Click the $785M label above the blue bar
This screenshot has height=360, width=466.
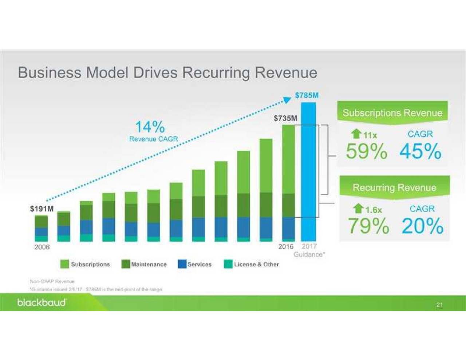(x=307, y=95)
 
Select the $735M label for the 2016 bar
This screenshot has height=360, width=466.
(x=285, y=118)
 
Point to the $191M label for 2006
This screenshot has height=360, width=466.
(x=42, y=209)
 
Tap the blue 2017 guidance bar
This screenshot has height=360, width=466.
(x=308, y=171)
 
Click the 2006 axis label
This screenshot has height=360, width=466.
(x=42, y=247)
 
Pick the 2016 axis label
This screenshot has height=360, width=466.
(x=286, y=247)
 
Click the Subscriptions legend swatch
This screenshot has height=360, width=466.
(x=64, y=264)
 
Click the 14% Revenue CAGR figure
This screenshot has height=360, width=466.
(x=150, y=127)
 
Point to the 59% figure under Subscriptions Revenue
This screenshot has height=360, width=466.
(x=366, y=151)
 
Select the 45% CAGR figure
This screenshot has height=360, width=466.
(x=420, y=151)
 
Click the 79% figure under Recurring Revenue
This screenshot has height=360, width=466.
(x=368, y=226)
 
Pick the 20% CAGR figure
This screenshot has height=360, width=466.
(x=422, y=226)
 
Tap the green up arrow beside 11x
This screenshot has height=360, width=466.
(x=356, y=134)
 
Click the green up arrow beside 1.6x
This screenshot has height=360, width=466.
(x=358, y=209)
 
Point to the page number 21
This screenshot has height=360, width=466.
(x=439, y=305)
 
